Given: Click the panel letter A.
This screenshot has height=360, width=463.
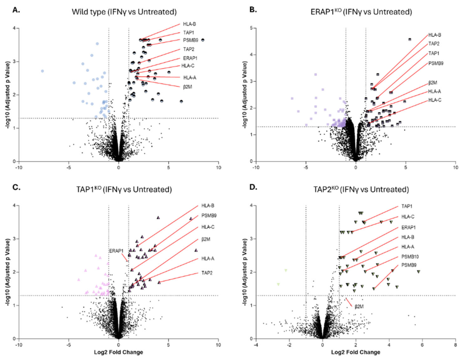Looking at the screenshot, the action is point(16,10).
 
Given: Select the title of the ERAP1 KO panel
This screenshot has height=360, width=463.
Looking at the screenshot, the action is point(361,12).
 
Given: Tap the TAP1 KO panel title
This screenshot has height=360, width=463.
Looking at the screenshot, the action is point(124,189).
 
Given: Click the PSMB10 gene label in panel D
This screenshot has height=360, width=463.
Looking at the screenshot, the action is point(410,257).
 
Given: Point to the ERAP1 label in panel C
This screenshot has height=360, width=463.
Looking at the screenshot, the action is point(116,251).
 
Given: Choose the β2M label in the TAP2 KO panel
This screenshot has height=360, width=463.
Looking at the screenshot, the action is point(359,307).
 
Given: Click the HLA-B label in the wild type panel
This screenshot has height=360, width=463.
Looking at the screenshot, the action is point(189,24).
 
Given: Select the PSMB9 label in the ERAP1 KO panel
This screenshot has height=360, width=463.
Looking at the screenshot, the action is point(436,63).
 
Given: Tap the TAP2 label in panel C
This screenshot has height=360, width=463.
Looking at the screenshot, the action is point(207,273).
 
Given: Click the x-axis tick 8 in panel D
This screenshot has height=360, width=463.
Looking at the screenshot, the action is point(455,344).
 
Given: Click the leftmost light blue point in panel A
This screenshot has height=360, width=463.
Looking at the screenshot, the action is point(43,71).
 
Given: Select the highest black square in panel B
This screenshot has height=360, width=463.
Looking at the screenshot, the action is point(409,39).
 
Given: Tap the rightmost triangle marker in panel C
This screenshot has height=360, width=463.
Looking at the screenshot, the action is point(196,250).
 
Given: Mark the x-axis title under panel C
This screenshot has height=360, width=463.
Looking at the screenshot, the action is point(119,352).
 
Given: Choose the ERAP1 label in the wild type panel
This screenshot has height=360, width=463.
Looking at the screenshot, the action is point(190,58).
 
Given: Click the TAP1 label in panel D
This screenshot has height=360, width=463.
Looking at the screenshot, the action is point(407,206).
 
